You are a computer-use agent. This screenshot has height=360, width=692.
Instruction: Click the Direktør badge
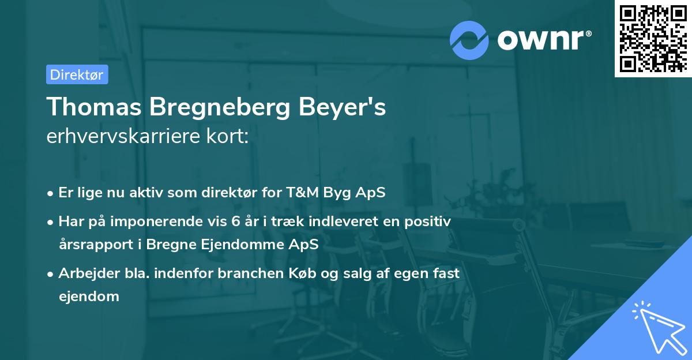[77, 74]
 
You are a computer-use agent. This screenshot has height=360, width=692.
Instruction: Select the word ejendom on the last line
[89, 296]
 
